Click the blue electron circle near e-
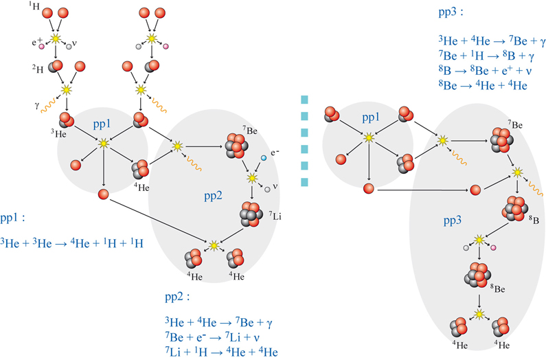click(263, 159)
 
